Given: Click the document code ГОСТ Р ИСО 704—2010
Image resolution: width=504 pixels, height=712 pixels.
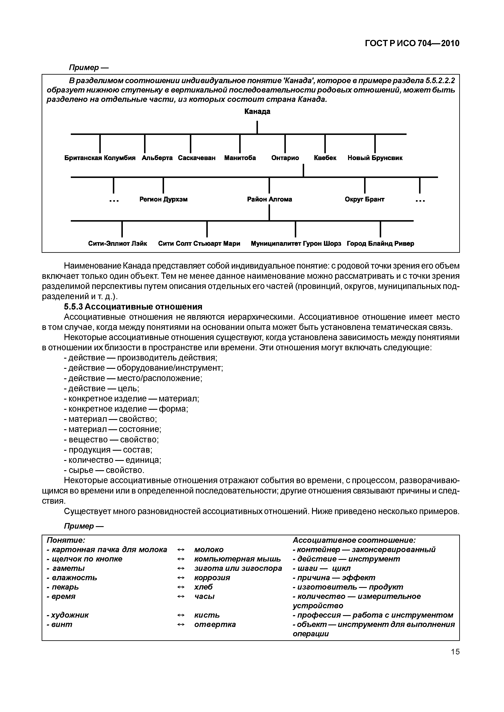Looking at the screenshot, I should [x=412, y=43].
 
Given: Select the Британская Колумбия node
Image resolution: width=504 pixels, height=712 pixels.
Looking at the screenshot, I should [x=100, y=158].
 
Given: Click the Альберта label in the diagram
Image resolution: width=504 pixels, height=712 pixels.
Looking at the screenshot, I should [x=157, y=158].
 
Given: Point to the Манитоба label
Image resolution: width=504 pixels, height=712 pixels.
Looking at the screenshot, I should [x=240, y=158].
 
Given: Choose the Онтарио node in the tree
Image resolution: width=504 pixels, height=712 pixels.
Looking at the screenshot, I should [x=285, y=158].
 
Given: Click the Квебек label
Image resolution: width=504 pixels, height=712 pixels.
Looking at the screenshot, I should [x=325, y=158].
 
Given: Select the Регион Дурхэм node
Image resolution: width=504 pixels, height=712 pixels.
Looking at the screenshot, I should [x=163, y=199].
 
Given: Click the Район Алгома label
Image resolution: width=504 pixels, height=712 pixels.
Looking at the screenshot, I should [x=270, y=199].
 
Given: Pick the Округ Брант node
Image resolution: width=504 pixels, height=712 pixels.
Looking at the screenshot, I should [x=365, y=199].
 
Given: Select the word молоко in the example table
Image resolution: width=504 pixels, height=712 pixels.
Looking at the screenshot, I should [x=209, y=549].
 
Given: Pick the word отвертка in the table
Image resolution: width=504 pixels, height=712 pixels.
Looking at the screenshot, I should [x=215, y=624].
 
